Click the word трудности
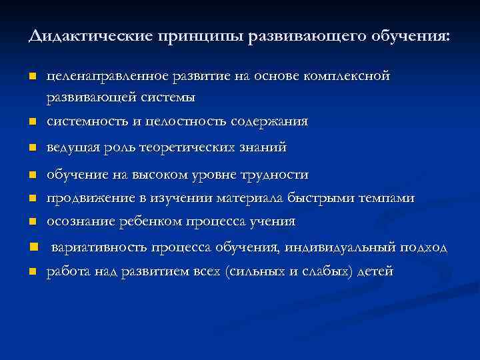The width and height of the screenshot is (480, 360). [275, 175]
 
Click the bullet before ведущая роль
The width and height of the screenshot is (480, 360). [31, 147]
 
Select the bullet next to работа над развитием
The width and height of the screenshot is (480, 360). [31, 271]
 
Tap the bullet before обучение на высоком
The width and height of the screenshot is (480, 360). [31, 176]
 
